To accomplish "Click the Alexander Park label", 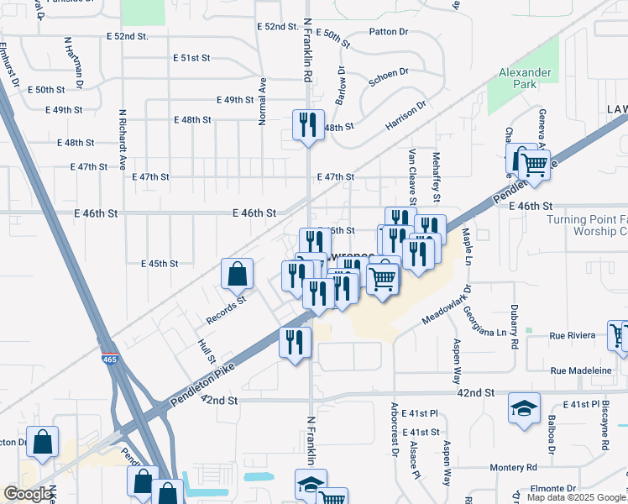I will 525,79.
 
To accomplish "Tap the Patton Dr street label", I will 388,32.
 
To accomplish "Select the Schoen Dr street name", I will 389,77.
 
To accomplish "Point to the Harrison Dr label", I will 406,116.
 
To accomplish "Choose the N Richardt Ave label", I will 122,139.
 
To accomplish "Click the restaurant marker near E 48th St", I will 307,125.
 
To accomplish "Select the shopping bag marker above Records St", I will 238,273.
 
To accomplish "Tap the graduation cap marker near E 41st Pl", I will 524,409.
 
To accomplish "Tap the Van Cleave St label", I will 412,176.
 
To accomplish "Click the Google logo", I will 29,494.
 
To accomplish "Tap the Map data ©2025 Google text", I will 576,497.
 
